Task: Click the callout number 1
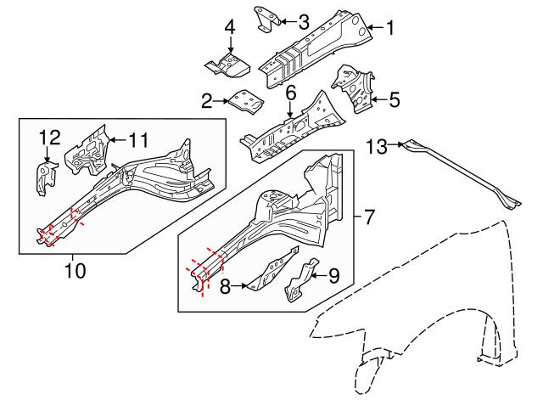point(390,28)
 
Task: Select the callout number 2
point(206,101)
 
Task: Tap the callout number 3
point(303,21)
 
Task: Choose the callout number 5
point(394,100)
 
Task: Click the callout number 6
point(290,92)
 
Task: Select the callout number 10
point(74,271)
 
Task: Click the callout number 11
point(138,138)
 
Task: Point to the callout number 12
point(50,137)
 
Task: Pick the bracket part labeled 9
point(300,280)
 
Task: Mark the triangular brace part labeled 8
point(271,271)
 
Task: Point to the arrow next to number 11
point(116,138)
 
